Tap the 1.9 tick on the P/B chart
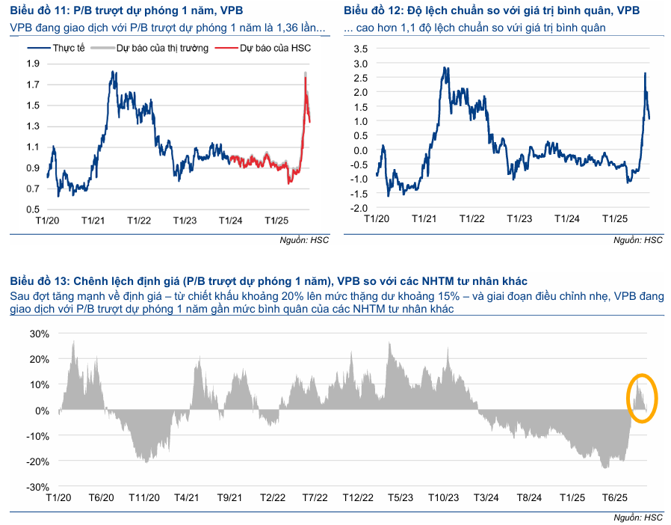pos(33,64)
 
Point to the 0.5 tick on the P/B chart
pos(33,188)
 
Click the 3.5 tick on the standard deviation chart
pos(361,49)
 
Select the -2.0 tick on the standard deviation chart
pos(359,207)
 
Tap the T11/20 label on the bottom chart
pos(144,498)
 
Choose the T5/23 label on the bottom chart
pos(401,498)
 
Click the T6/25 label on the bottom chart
pos(615,498)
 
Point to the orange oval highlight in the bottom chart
pos(642,397)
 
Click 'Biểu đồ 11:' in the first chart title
pos(39,11)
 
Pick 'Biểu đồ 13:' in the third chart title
pos(39,281)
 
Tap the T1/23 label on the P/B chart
pos(185,221)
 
